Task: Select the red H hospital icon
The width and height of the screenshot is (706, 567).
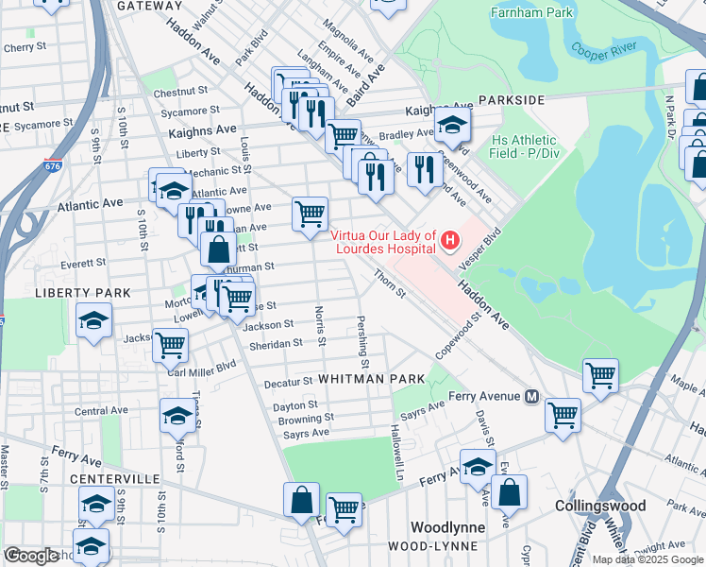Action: (x=450, y=242)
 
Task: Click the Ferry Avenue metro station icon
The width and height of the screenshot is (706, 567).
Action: (x=531, y=396)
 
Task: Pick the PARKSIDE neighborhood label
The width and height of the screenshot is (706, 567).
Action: (x=511, y=99)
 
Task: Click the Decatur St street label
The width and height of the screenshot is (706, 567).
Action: (x=288, y=382)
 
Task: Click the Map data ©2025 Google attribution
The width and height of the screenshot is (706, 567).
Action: (x=647, y=559)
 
